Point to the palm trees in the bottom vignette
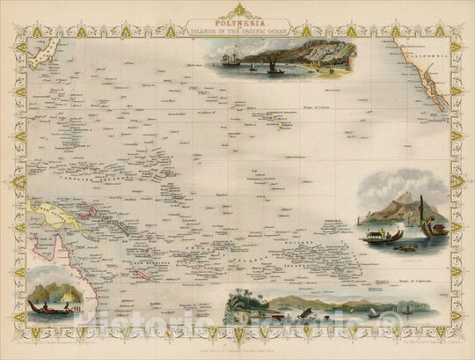click(x=236, y=305)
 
